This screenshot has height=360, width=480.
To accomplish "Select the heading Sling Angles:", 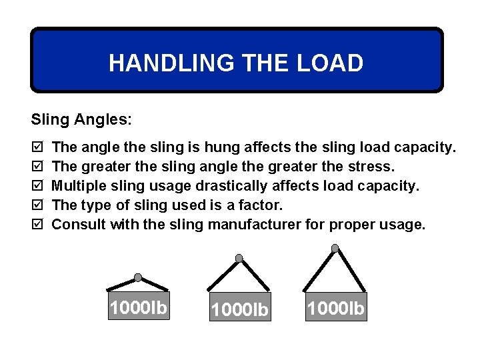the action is pos(81,120).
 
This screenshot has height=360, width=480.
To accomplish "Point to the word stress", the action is pos(373,165).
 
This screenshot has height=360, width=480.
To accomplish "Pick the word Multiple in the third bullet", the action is pos(78,185).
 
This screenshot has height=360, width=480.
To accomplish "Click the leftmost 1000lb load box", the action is pos(139,307).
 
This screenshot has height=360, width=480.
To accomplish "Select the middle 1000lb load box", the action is pos(239,309).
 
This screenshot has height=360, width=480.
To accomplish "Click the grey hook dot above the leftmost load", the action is pos(138,277).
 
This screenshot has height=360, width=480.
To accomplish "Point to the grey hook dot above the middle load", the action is pos(239,259).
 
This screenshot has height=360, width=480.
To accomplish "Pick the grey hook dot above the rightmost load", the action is pos(335,249).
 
